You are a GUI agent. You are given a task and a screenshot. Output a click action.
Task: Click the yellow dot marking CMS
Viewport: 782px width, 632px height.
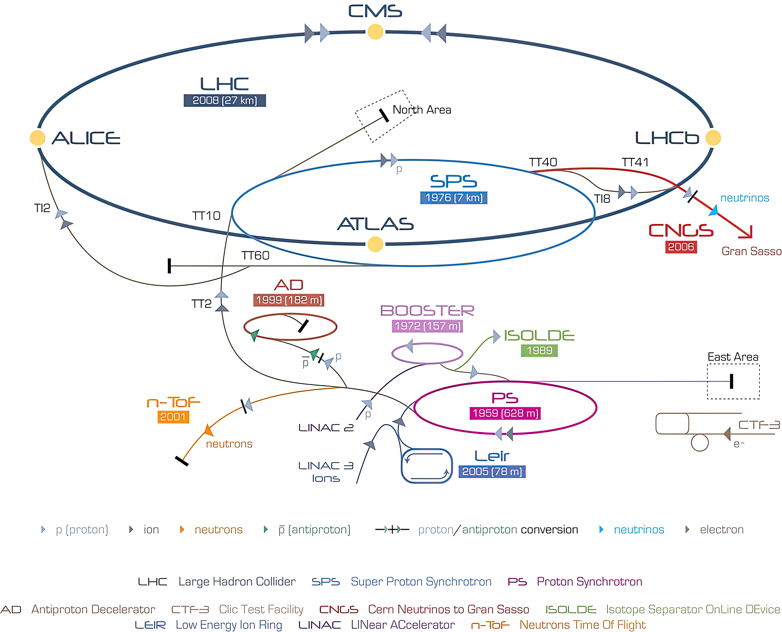coord(375,32)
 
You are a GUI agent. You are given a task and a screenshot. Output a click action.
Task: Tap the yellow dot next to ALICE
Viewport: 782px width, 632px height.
coord(37,138)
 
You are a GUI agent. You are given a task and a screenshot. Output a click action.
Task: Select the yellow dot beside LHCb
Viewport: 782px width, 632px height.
coord(713,138)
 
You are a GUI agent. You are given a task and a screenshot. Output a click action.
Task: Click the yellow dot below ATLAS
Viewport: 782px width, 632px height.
coord(375,244)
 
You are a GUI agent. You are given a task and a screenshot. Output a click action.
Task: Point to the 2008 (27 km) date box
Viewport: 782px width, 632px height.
coord(225,101)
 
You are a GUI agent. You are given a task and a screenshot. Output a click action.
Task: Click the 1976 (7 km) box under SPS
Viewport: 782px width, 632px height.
coord(454,198)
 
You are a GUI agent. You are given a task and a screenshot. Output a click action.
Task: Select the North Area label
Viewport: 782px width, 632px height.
coord(422,110)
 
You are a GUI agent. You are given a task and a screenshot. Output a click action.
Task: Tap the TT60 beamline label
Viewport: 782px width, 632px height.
coord(255,255)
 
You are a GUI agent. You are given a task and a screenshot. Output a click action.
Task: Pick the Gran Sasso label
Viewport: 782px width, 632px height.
coord(751,251)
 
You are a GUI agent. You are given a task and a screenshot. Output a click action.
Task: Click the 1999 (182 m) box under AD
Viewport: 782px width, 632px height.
coord(289,300)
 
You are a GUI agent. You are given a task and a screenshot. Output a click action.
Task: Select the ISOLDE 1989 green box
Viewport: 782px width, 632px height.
coord(539,350)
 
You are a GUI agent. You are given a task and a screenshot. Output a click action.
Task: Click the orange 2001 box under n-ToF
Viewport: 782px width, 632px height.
coord(173,417)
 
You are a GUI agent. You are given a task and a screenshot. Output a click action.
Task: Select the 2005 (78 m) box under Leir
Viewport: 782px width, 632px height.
coord(492,471)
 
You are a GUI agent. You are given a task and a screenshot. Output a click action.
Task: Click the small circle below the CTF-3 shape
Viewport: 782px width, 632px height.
coord(699,443)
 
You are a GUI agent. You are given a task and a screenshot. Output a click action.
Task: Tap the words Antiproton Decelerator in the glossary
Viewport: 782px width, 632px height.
coord(93,609)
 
